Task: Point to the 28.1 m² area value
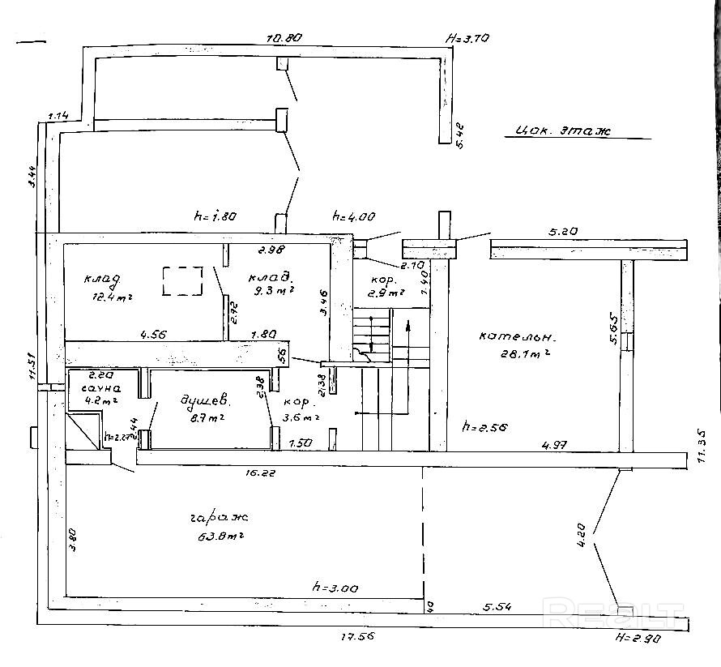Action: (x=527, y=354)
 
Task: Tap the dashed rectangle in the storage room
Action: (x=183, y=281)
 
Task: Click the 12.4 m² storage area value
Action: (x=113, y=297)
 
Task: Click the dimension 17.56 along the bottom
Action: (x=354, y=638)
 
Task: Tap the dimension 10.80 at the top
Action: (x=284, y=38)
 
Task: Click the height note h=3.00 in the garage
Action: (x=335, y=588)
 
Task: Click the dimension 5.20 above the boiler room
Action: (x=565, y=232)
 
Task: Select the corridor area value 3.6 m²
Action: (x=301, y=418)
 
